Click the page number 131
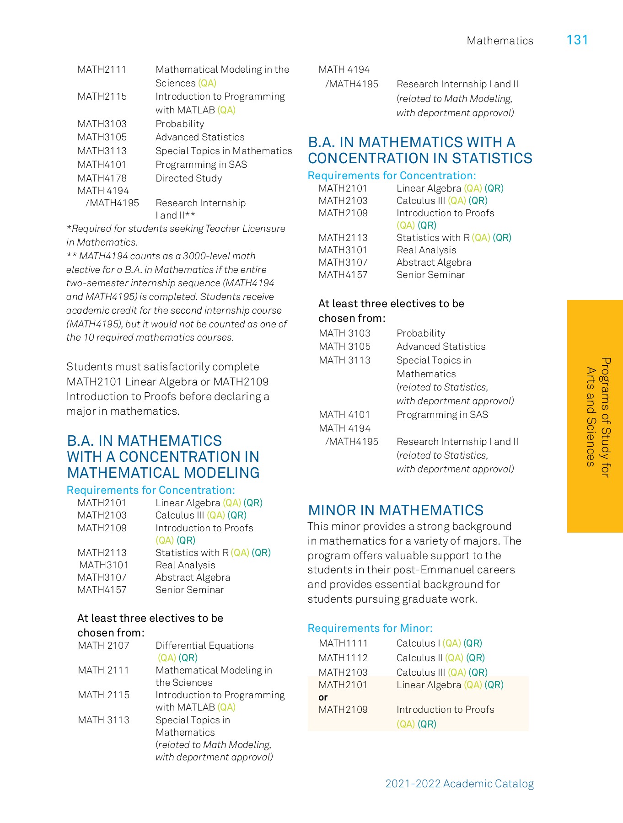point(577,40)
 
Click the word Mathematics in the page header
point(499,41)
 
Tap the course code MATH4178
point(102,178)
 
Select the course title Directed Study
point(188,178)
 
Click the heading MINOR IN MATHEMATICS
point(395,510)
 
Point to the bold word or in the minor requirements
point(323,697)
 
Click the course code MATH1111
point(343,643)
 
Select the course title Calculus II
point(419,658)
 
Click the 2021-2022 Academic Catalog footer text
point(459,784)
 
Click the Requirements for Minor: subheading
point(370,628)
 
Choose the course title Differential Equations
point(204,646)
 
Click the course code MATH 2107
point(103,646)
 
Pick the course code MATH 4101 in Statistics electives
point(344,415)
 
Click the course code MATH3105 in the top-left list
point(102,137)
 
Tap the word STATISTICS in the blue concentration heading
point(492,158)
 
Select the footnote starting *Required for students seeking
point(176,235)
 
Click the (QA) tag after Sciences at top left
point(207,83)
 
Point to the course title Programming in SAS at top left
point(201,165)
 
